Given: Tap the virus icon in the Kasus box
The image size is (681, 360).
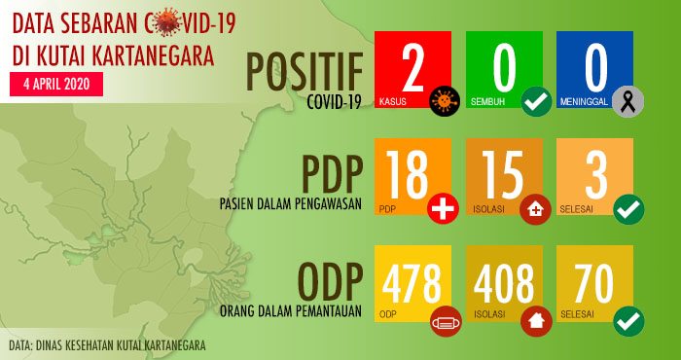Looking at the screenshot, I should tap(446, 100).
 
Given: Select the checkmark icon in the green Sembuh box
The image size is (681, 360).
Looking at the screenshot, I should tap(535, 100).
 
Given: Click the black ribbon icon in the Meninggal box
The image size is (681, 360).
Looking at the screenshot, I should tap(627, 100).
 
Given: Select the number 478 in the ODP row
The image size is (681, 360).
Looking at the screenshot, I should tap(412, 282).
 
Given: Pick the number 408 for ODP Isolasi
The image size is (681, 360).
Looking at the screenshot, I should tap(503, 282).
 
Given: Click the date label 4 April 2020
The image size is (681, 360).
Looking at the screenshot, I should tap(56, 84).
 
